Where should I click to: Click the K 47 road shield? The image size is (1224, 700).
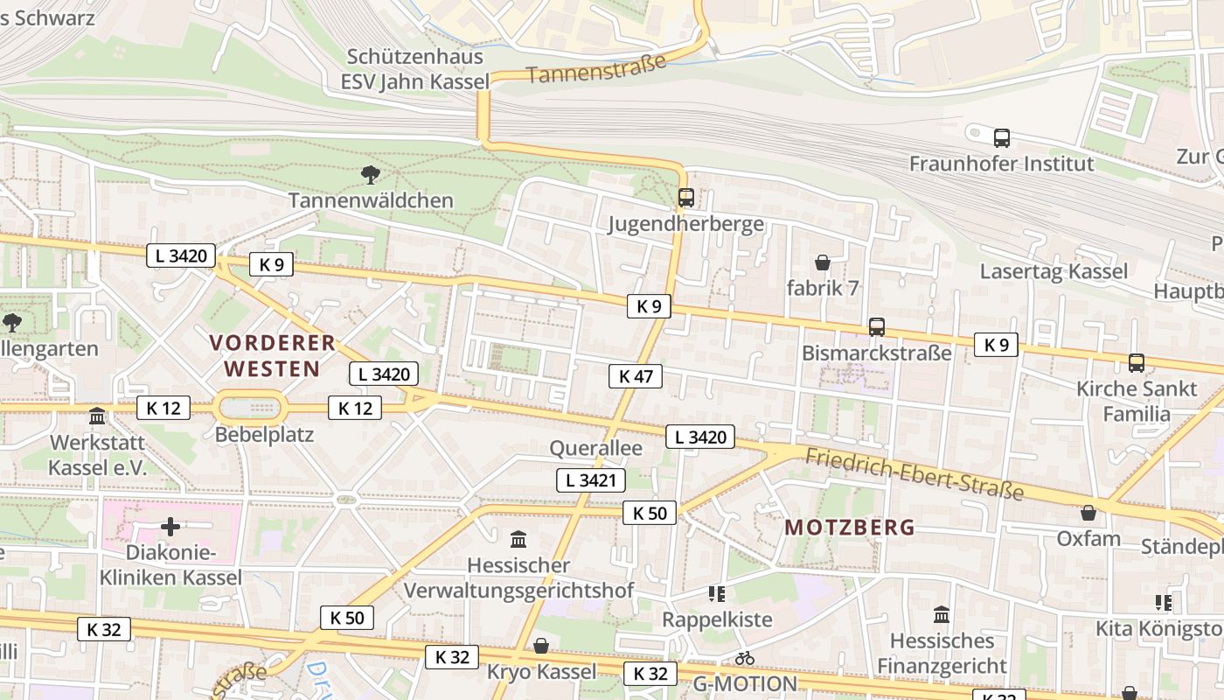click(636, 376)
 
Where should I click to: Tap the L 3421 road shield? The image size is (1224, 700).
click(592, 479)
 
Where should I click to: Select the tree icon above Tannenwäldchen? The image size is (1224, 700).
click(371, 175)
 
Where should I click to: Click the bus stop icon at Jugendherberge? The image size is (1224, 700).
click(686, 198)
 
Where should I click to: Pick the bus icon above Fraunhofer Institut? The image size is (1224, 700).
click(1001, 137)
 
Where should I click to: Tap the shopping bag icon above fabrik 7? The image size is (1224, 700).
click(822, 262)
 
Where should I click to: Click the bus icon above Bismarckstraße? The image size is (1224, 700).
click(876, 327)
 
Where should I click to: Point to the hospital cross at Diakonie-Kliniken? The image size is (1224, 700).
click(170, 527)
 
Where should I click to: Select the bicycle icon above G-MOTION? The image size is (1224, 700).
click(744, 658)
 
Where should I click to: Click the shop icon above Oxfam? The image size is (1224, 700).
click(1088, 513)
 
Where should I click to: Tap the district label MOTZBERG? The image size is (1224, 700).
click(849, 528)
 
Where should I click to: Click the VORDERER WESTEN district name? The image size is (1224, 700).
click(273, 355)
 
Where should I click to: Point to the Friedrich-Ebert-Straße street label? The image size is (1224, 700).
click(914, 474)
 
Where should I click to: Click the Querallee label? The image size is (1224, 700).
click(595, 448)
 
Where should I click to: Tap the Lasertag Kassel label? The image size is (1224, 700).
click(1054, 271)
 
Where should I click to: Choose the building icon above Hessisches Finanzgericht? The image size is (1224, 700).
click(942, 615)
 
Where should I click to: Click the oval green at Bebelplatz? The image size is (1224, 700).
click(251, 408)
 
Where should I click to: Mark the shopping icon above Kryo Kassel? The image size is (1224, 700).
click(541, 646)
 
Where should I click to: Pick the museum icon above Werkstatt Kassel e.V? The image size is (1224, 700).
click(97, 416)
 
